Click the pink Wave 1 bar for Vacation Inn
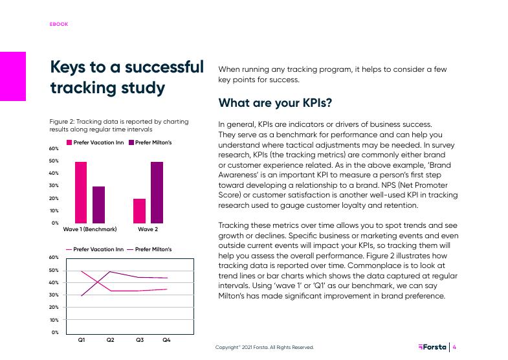tap(81, 192)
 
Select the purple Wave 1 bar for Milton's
tap(98, 205)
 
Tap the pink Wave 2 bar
tap(139, 210)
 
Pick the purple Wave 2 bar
tap(157, 192)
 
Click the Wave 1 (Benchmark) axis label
tap(89, 229)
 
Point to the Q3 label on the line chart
tap(139, 339)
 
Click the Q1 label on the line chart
tap(82, 339)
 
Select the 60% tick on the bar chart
tap(54, 149)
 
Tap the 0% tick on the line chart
tap(55, 332)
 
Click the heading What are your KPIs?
tap(275, 104)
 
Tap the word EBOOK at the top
tap(59, 24)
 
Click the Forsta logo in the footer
tap(432, 347)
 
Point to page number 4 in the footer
tap(454, 347)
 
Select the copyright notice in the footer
tap(265, 348)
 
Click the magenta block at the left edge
tap(13, 76)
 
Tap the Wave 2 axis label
tap(148, 229)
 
